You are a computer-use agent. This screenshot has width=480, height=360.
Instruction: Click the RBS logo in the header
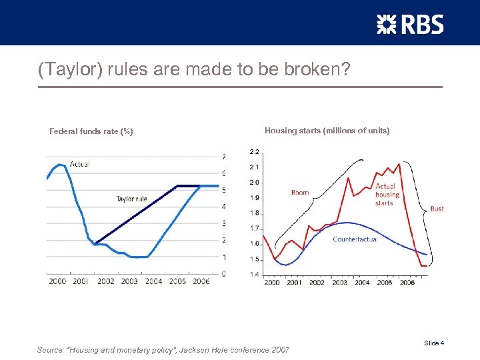coord(410,25)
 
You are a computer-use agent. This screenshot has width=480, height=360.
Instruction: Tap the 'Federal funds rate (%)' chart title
coord(91,131)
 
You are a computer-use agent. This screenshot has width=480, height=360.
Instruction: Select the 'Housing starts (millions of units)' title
coord(327,131)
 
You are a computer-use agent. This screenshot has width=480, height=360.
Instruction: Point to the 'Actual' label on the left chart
coord(79,163)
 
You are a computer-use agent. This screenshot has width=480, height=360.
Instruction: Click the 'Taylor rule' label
coord(131,199)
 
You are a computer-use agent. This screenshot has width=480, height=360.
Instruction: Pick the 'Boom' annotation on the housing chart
coord(300,193)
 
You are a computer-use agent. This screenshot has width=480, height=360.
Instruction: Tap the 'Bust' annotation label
coord(437,209)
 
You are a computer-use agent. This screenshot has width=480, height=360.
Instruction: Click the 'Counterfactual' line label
coord(355,239)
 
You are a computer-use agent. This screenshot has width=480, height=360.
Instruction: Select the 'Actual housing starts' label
coord(386,195)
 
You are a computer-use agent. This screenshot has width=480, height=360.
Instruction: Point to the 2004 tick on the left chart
coord(153,281)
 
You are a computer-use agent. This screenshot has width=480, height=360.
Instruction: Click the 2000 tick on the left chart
coord(57,281)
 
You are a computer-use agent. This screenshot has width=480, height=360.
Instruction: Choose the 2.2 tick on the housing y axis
coord(255,152)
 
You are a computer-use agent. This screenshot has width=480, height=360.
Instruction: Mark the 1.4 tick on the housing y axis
coord(255,275)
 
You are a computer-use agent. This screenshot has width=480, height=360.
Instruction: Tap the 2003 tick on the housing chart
coord(339,283)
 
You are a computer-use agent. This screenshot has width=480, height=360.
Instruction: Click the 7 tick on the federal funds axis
coord(223,157)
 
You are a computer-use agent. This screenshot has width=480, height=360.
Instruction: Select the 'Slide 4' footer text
coord(434,343)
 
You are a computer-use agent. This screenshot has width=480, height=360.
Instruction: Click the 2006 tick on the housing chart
coord(407,283)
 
